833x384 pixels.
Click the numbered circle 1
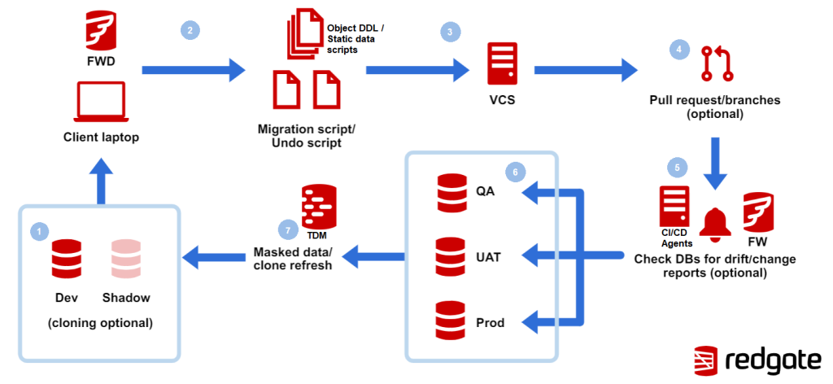click(x=40, y=231)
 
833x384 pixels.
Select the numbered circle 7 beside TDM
click(x=288, y=230)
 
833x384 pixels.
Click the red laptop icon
click(x=101, y=101)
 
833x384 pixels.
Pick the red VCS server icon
click(x=502, y=63)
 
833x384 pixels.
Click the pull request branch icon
click(x=717, y=63)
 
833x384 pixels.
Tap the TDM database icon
click(x=318, y=207)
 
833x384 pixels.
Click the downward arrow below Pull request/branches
click(x=715, y=164)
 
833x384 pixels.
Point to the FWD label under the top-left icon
click(x=101, y=63)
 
